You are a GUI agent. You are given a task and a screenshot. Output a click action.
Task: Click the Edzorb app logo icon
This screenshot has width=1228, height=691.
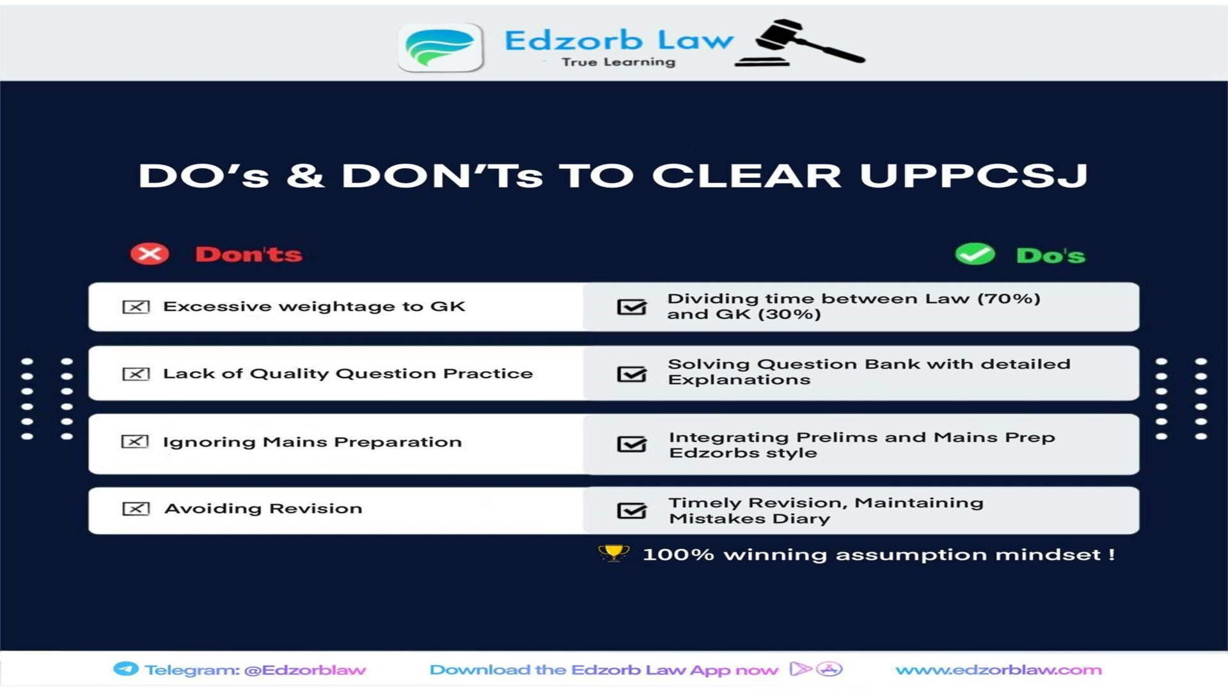441,47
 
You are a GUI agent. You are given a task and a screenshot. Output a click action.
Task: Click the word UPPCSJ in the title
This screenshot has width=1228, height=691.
973,175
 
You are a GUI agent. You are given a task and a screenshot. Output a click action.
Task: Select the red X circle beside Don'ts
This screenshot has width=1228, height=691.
150,254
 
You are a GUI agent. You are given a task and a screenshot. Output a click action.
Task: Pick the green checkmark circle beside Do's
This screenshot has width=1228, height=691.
975,255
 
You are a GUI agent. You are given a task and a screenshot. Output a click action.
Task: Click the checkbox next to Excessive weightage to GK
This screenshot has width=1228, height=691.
136,307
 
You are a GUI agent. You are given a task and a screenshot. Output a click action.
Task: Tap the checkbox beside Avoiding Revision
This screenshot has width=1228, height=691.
136,509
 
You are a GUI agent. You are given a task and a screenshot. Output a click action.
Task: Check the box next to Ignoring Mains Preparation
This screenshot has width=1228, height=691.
135,442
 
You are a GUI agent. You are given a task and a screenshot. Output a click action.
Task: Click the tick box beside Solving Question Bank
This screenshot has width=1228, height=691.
631,374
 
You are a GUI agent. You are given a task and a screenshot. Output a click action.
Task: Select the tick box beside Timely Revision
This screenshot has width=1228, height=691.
631,511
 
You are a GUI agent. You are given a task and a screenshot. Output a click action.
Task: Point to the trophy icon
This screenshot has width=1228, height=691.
613,553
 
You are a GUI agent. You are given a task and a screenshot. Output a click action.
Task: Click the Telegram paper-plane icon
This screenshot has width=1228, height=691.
125,669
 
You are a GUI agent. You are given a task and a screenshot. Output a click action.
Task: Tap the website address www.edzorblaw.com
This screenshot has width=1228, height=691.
998,670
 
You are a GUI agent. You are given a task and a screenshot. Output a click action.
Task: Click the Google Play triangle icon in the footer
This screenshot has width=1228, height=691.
799,669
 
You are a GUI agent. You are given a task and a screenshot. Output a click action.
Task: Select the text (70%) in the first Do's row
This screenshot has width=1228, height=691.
1009,299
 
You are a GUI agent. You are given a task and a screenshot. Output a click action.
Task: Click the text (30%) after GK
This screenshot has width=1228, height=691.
789,314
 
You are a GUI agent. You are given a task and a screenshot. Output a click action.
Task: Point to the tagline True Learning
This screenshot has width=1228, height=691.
618,62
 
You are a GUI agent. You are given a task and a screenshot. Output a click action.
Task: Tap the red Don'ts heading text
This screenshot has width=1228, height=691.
249,255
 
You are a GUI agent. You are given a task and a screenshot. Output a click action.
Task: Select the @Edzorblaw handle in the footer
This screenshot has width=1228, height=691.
305,670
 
